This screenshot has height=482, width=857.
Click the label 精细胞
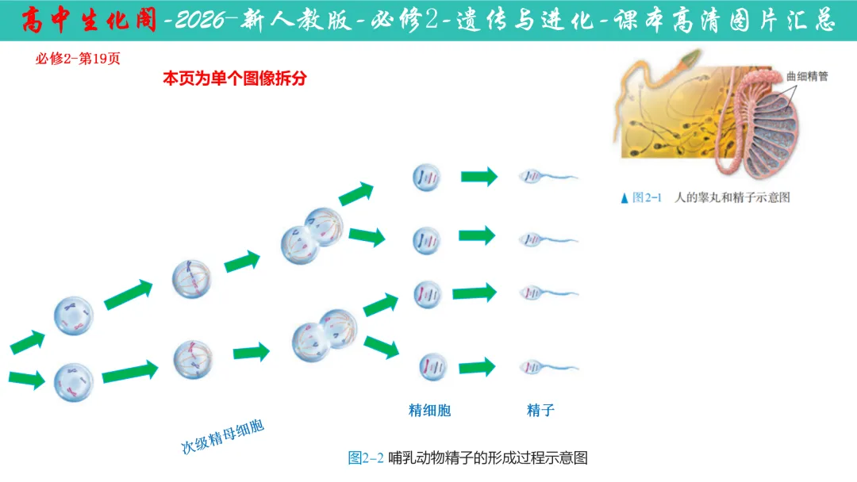(x=429, y=410)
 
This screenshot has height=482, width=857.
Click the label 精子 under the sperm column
(x=540, y=410)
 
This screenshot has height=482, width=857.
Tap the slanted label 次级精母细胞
(x=223, y=437)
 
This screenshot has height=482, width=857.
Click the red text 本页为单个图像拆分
(x=234, y=78)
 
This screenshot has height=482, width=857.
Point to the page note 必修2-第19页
(x=78, y=59)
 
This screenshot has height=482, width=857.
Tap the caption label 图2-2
(x=366, y=457)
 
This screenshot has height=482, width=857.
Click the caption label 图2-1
(x=646, y=198)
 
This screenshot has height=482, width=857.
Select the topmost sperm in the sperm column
(x=548, y=177)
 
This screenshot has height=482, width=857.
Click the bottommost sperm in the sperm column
(x=548, y=367)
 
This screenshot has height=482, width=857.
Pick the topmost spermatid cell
(x=426, y=178)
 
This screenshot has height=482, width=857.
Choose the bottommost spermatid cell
(x=433, y=366)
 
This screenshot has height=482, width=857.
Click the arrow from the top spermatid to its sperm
(x=478, y=177)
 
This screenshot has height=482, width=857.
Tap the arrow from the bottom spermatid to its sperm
(x=477, y=367)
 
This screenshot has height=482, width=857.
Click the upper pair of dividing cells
(x=312, y=235)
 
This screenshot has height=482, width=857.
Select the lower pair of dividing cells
(x=319, y=336)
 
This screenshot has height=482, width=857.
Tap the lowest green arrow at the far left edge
(x=26, y=378)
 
